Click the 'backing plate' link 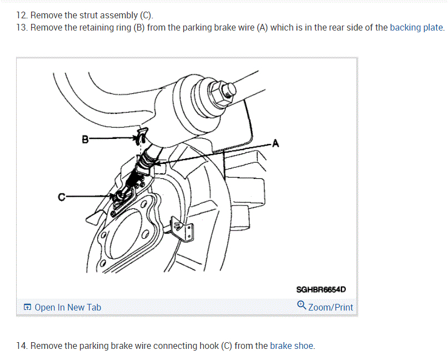click(416, 27)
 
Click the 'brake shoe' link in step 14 click(292, 346)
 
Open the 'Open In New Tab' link click(68, 307)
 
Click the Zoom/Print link click(330, 307)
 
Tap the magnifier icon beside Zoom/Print click(301, 305)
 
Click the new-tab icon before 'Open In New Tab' click(27, 307)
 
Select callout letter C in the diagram click(61, 196)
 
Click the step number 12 click(22, 15)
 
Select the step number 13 click(22, 27)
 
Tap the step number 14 click(22, 346)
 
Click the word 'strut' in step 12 click(88, 15)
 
